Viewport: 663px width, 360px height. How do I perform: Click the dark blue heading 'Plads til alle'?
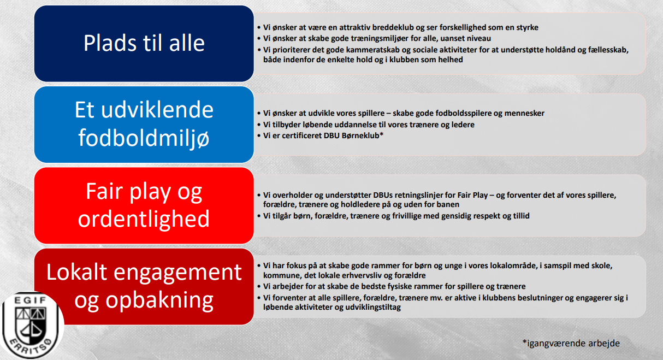point(144,43)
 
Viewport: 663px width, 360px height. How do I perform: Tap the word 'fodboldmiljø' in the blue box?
point(144,138)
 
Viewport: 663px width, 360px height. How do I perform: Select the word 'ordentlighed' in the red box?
point(144,219)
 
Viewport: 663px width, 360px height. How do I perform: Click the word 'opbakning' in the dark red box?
point(159,300)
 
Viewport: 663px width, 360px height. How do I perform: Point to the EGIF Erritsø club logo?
point(31,326)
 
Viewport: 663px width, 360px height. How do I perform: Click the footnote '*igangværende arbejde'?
point(571,343)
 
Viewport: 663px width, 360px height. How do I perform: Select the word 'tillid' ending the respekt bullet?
point(521,216)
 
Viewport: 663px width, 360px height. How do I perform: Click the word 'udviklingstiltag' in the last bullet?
point(372,308)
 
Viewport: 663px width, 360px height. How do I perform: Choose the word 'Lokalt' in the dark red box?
point(76,272)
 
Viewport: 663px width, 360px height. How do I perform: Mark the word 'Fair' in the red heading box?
point(104,192)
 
